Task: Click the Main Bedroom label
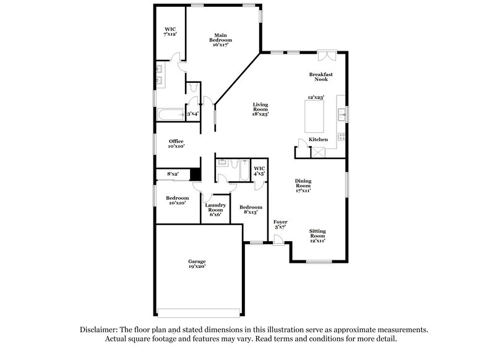(223, 40)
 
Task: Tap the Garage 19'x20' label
(197, 264)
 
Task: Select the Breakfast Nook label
(321, 77)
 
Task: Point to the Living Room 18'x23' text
(259, 109)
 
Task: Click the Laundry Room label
(215, 210)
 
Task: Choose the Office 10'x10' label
(176, 144)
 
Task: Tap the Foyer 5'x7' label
(280, 224)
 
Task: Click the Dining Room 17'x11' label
(303, 186)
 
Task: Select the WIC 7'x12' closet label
(170, 32)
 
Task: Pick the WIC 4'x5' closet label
(259, 171)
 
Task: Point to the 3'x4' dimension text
(192, 114)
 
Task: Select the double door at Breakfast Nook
(326, 55)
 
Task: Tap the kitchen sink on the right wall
(341, 113)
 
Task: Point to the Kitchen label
(318, 140)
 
